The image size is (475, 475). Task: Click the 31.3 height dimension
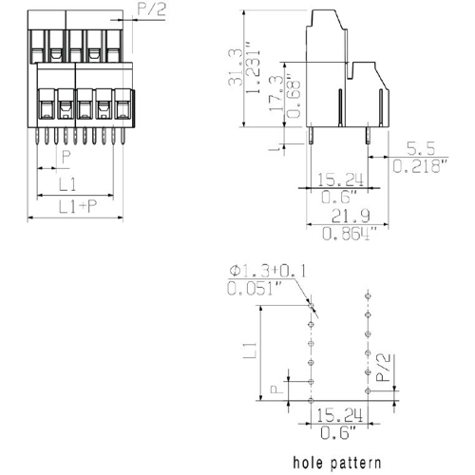236,67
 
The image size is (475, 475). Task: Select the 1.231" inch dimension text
254,71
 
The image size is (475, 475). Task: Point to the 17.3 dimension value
275,93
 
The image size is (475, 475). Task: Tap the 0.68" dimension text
294,96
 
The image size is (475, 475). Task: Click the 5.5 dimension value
421,148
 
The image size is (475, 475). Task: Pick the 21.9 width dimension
351,217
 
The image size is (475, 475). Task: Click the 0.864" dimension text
350,234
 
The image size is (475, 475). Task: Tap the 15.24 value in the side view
340,180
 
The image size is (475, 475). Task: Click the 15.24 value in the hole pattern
339,415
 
